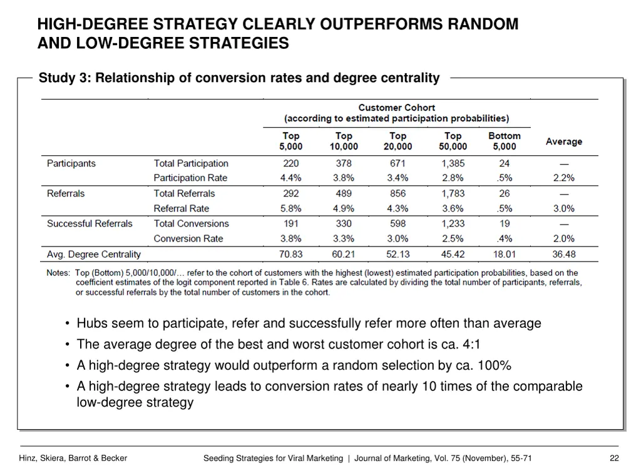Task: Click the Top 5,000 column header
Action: [x=290, y=141]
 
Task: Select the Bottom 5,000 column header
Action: [x=504, y=141]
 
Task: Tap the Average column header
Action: [x=563, y=142]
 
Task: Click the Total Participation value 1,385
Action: [x=453, y=163]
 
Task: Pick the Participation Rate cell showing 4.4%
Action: [x=290, y=178]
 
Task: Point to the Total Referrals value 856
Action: [x=397, y=194]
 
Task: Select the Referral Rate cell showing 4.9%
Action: [x=343, y=209]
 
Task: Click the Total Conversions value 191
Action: [x=290, y=224]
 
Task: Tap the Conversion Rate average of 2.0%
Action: [x=563, y=239]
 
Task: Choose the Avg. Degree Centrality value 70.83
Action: [x=290, y=255]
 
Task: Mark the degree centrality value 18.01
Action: [x=504, y=255]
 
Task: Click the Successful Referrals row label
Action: [x=90, y=224]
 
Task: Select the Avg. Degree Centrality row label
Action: [x=94, y=255]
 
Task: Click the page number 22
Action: [x=614, y=459]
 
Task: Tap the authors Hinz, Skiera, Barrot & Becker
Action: [x=74, y=459]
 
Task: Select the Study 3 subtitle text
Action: [x=238, y=78]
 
